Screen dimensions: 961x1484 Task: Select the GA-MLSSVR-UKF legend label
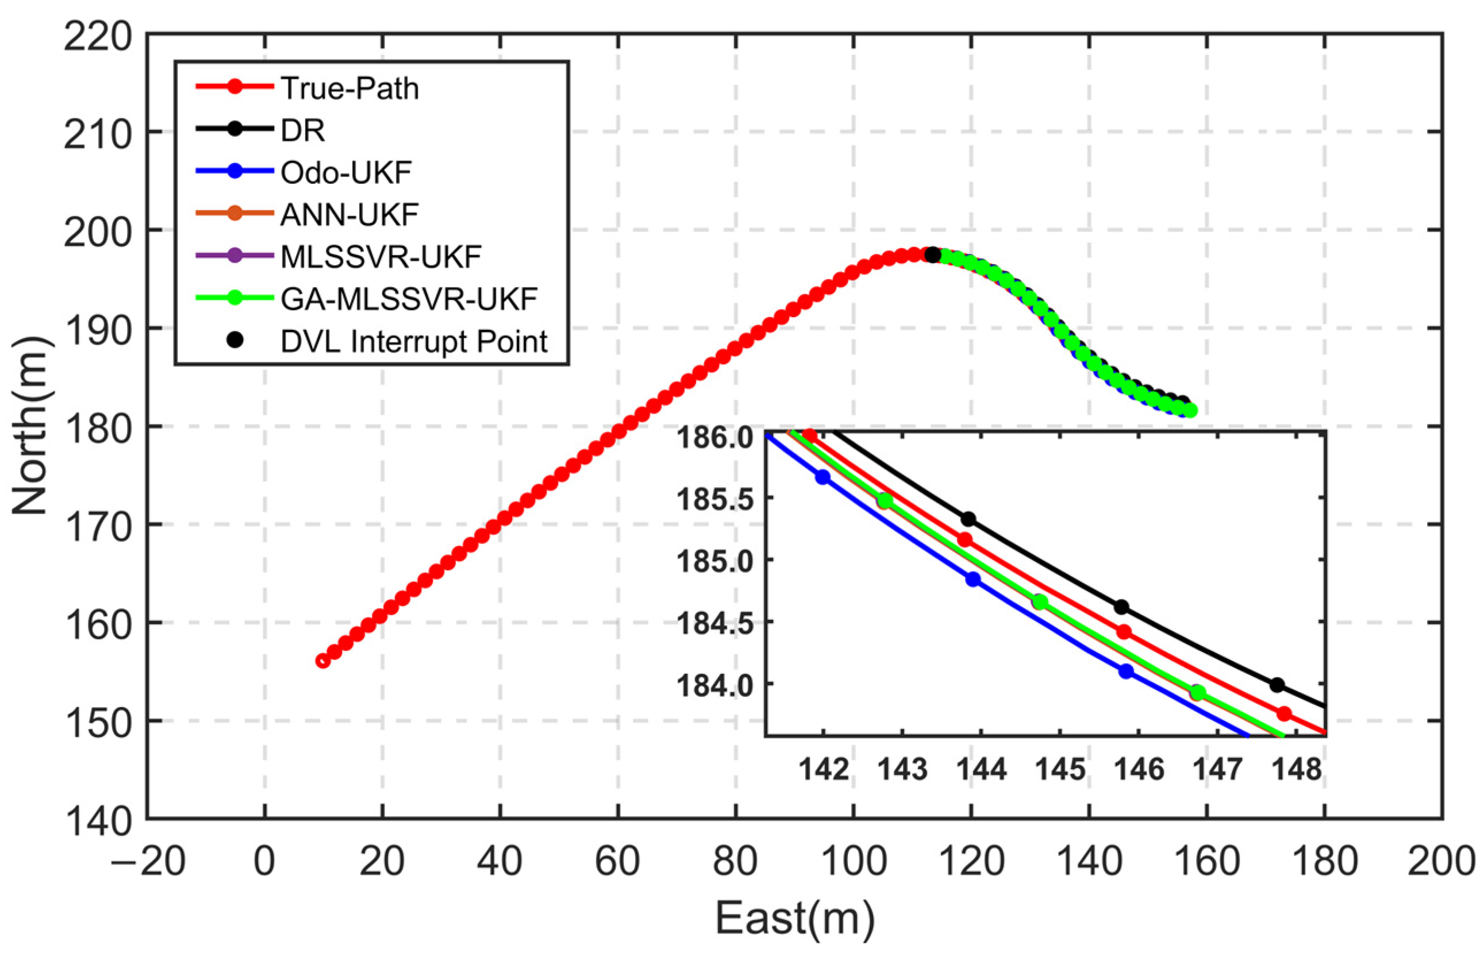point(409,299)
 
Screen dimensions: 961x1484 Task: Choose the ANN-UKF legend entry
point(349,215)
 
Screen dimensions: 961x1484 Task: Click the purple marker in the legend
point(234,256)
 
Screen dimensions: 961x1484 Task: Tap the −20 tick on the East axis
point(148,863)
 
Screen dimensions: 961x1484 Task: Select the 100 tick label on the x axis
point(853,863)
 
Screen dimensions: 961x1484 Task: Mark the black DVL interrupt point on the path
point(932,255)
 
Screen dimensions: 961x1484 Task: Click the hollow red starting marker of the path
point(322,661)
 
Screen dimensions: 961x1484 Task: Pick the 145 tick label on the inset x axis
point(1060,770)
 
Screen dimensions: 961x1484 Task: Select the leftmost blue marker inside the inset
point(823,477)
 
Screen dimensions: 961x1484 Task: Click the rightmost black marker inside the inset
point(1277,685)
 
